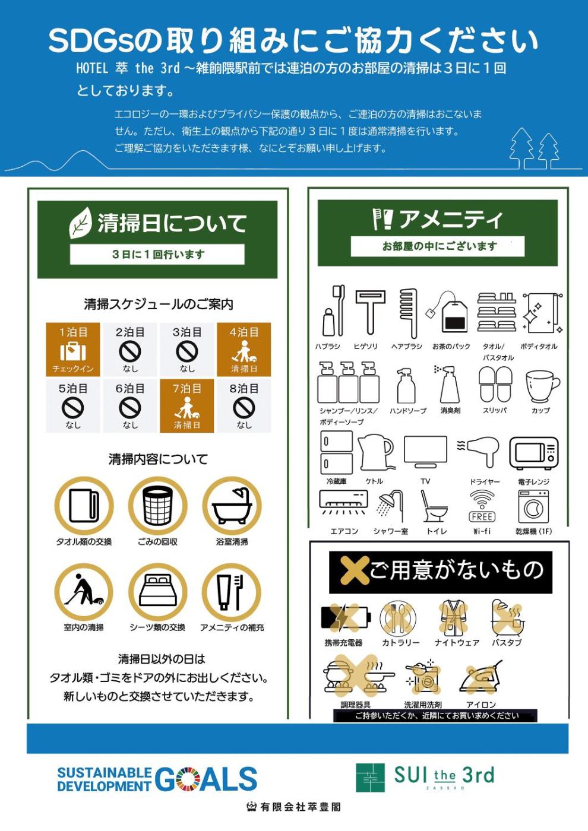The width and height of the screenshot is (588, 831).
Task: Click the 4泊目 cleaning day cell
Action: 244,350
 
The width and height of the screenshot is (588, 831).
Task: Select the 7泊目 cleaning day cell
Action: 186,406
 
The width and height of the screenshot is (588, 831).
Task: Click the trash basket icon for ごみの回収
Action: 158,505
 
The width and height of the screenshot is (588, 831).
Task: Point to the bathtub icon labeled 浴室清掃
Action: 232,505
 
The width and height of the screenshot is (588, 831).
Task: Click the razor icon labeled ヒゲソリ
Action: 369,312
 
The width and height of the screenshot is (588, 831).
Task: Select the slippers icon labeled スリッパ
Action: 495,385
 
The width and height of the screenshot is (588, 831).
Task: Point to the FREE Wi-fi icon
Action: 482,506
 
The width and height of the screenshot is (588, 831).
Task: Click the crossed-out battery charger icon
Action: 346,618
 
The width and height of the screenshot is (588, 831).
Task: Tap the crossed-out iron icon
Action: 481,677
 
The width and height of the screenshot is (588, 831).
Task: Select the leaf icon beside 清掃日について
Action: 80,223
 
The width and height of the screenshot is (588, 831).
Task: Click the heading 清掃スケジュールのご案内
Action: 159,304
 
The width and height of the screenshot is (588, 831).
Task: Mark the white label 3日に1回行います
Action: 157,255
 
